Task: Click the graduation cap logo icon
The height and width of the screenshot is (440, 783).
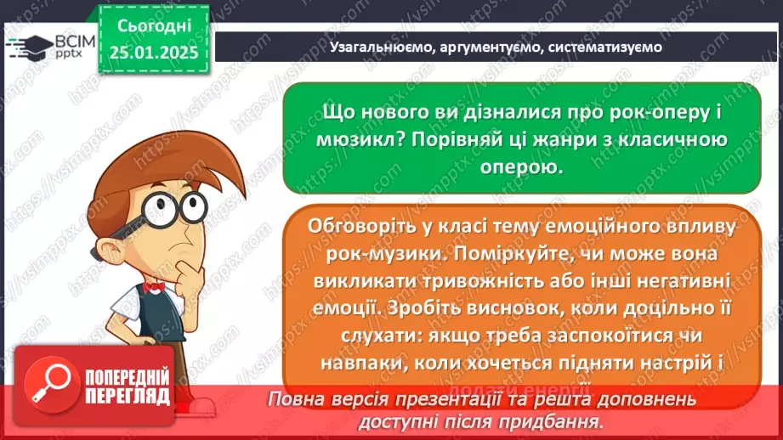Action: click(x=27, y=47)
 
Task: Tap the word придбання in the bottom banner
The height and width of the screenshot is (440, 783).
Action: click(x=555, y=420)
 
